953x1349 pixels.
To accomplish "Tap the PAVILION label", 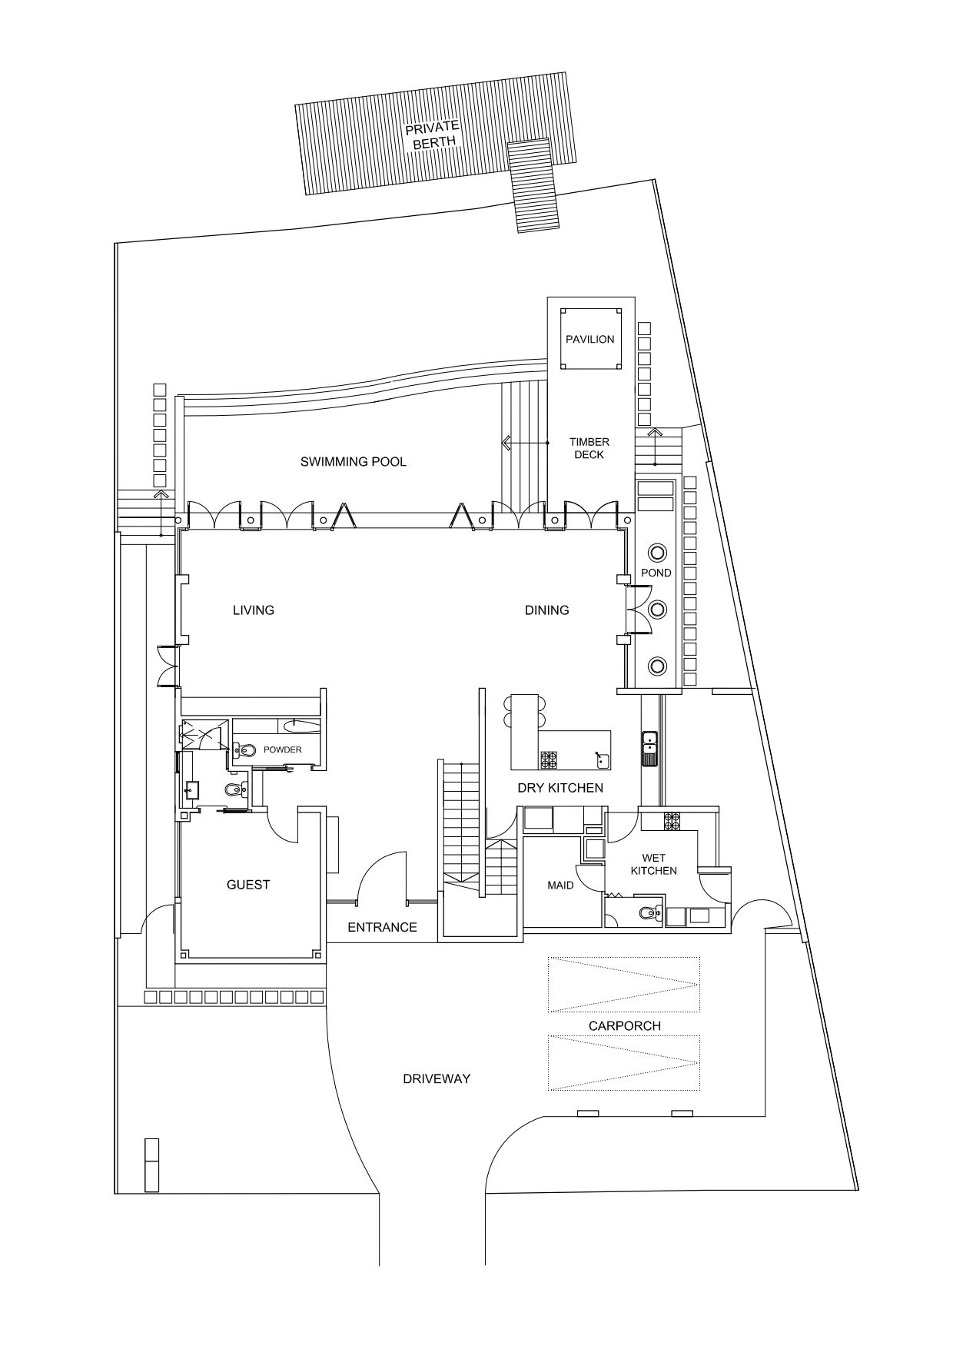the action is (590, 339).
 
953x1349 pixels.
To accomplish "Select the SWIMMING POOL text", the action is (354, 461).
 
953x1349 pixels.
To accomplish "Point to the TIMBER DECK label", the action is (589, 448).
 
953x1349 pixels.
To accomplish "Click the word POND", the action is (656, 573).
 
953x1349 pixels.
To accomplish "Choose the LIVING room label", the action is (254, 610).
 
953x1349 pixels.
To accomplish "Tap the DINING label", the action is (547, 610).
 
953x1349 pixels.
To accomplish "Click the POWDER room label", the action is (283, 749).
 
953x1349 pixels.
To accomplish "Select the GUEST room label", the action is (248, 885).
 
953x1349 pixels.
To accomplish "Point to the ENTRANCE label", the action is (382, 928).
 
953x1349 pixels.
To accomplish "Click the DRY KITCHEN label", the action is (560, 788).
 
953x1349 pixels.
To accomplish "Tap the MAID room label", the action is (560, 885).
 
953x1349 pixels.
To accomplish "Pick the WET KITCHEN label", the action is (654, 864).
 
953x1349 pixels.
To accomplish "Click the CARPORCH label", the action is (625, 1025).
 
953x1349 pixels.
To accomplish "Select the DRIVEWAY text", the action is (437, 1078).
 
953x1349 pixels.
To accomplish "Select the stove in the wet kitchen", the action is (672, 822).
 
